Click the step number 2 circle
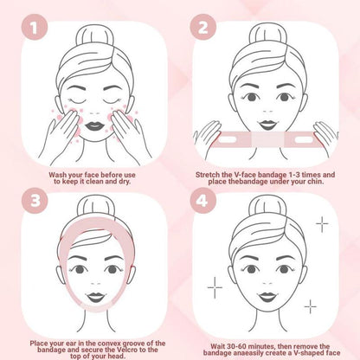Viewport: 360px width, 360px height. point(205,29)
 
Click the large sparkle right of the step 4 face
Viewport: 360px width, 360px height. point(322,224)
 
